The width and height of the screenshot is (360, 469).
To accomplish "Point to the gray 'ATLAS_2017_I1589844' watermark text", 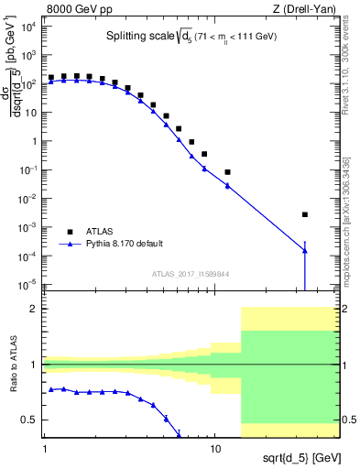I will pyautogui.click(x=191, y=273).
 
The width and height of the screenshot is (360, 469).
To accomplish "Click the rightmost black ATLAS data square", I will pyautogui.click(x=305, y=214).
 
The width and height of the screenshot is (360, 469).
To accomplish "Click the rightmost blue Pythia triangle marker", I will pyautogui.click(x=305, y=251).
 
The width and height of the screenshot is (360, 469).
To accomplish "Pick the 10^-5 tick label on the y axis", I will pyautogui.click(x=29, y=284).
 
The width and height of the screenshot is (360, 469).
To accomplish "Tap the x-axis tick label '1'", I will pyautogui.click(x=44, y=449).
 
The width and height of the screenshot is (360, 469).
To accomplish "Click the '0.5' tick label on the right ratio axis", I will pyautogui.click(x=348, y=420).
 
